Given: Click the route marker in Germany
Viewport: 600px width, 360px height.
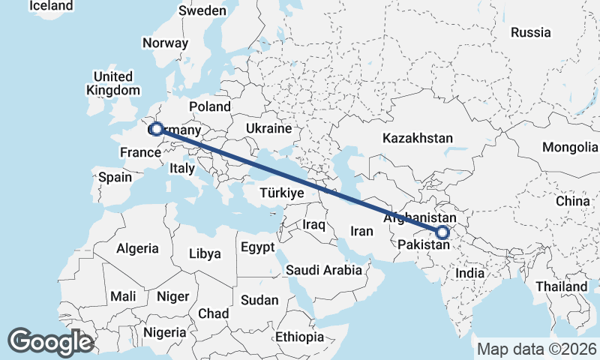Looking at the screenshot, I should [156, 129].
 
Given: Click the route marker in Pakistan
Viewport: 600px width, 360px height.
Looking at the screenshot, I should [442, 232].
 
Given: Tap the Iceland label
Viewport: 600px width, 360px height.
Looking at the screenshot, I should [51, 6].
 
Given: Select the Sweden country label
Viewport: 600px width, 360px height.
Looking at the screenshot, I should [202, 10].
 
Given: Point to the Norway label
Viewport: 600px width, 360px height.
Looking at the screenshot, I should [164, 43].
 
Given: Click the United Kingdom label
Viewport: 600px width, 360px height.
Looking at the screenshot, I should [113, 83].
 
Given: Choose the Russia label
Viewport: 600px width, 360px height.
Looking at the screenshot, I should [530, 32].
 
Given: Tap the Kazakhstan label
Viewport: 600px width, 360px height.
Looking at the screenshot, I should [418, 139].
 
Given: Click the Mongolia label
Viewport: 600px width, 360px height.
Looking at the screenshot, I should [569, 147].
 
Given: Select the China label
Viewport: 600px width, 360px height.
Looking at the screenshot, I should [573, 202].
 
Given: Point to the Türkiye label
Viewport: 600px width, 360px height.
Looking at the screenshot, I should [281, 193].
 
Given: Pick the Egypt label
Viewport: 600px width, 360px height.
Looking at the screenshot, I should [257, 247].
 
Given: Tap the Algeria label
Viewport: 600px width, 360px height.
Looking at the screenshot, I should [138, 248].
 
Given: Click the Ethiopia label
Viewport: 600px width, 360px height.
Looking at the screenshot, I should [299, 337].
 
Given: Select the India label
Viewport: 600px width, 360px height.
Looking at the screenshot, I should [470, 274].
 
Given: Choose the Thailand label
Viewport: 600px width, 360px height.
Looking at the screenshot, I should [562, 286].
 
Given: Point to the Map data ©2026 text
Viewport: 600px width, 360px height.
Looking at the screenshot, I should [536, 349].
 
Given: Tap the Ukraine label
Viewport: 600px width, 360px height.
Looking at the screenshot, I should [268, 128].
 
